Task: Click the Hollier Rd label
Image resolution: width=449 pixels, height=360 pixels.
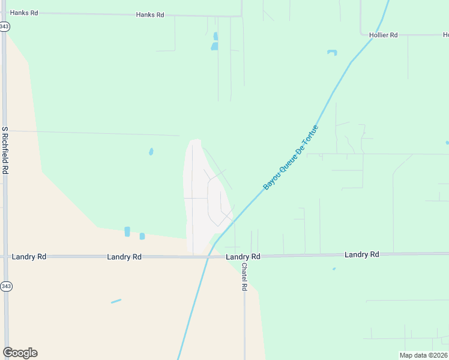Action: [x=384, y=35]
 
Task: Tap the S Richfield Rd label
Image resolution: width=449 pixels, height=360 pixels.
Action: [x=5, y=150]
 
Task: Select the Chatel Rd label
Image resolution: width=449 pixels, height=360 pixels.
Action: [x=244, y=277]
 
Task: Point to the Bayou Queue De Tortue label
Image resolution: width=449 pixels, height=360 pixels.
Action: [x=291, y=157]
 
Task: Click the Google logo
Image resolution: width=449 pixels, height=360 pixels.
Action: [x=20, y=353]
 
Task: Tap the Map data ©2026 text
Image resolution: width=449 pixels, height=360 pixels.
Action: [x=423, y=355]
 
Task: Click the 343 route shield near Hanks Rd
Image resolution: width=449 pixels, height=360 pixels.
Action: [x=5, y=26]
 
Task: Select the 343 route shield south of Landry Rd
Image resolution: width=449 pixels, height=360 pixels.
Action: [x=5, y=286]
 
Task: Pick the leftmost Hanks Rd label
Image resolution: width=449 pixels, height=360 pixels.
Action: [x=24, y=13]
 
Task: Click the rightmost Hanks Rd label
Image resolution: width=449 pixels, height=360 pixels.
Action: [x=150, y=14]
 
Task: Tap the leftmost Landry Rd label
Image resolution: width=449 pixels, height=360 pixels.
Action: [x=29, y=256]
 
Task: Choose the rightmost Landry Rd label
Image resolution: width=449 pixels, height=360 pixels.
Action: [x=362, y=254]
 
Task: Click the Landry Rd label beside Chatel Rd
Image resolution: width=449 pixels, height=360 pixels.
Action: [x=243, y=257]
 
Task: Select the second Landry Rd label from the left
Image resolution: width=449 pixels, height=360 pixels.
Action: [x=124, y=257]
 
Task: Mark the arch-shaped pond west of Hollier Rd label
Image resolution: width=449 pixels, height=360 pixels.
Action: [x=332, y=52]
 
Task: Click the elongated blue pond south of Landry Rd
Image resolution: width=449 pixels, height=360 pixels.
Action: [x=116, y=301]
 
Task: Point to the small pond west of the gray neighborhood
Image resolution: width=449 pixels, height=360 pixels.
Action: [x=151, y=152]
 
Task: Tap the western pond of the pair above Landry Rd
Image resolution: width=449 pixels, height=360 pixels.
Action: [x=127, y=232]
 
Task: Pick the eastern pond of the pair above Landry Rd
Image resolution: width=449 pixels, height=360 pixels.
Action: [x=142, y=236]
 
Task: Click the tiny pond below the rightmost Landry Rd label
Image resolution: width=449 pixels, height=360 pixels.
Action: [x=334, y=269]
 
